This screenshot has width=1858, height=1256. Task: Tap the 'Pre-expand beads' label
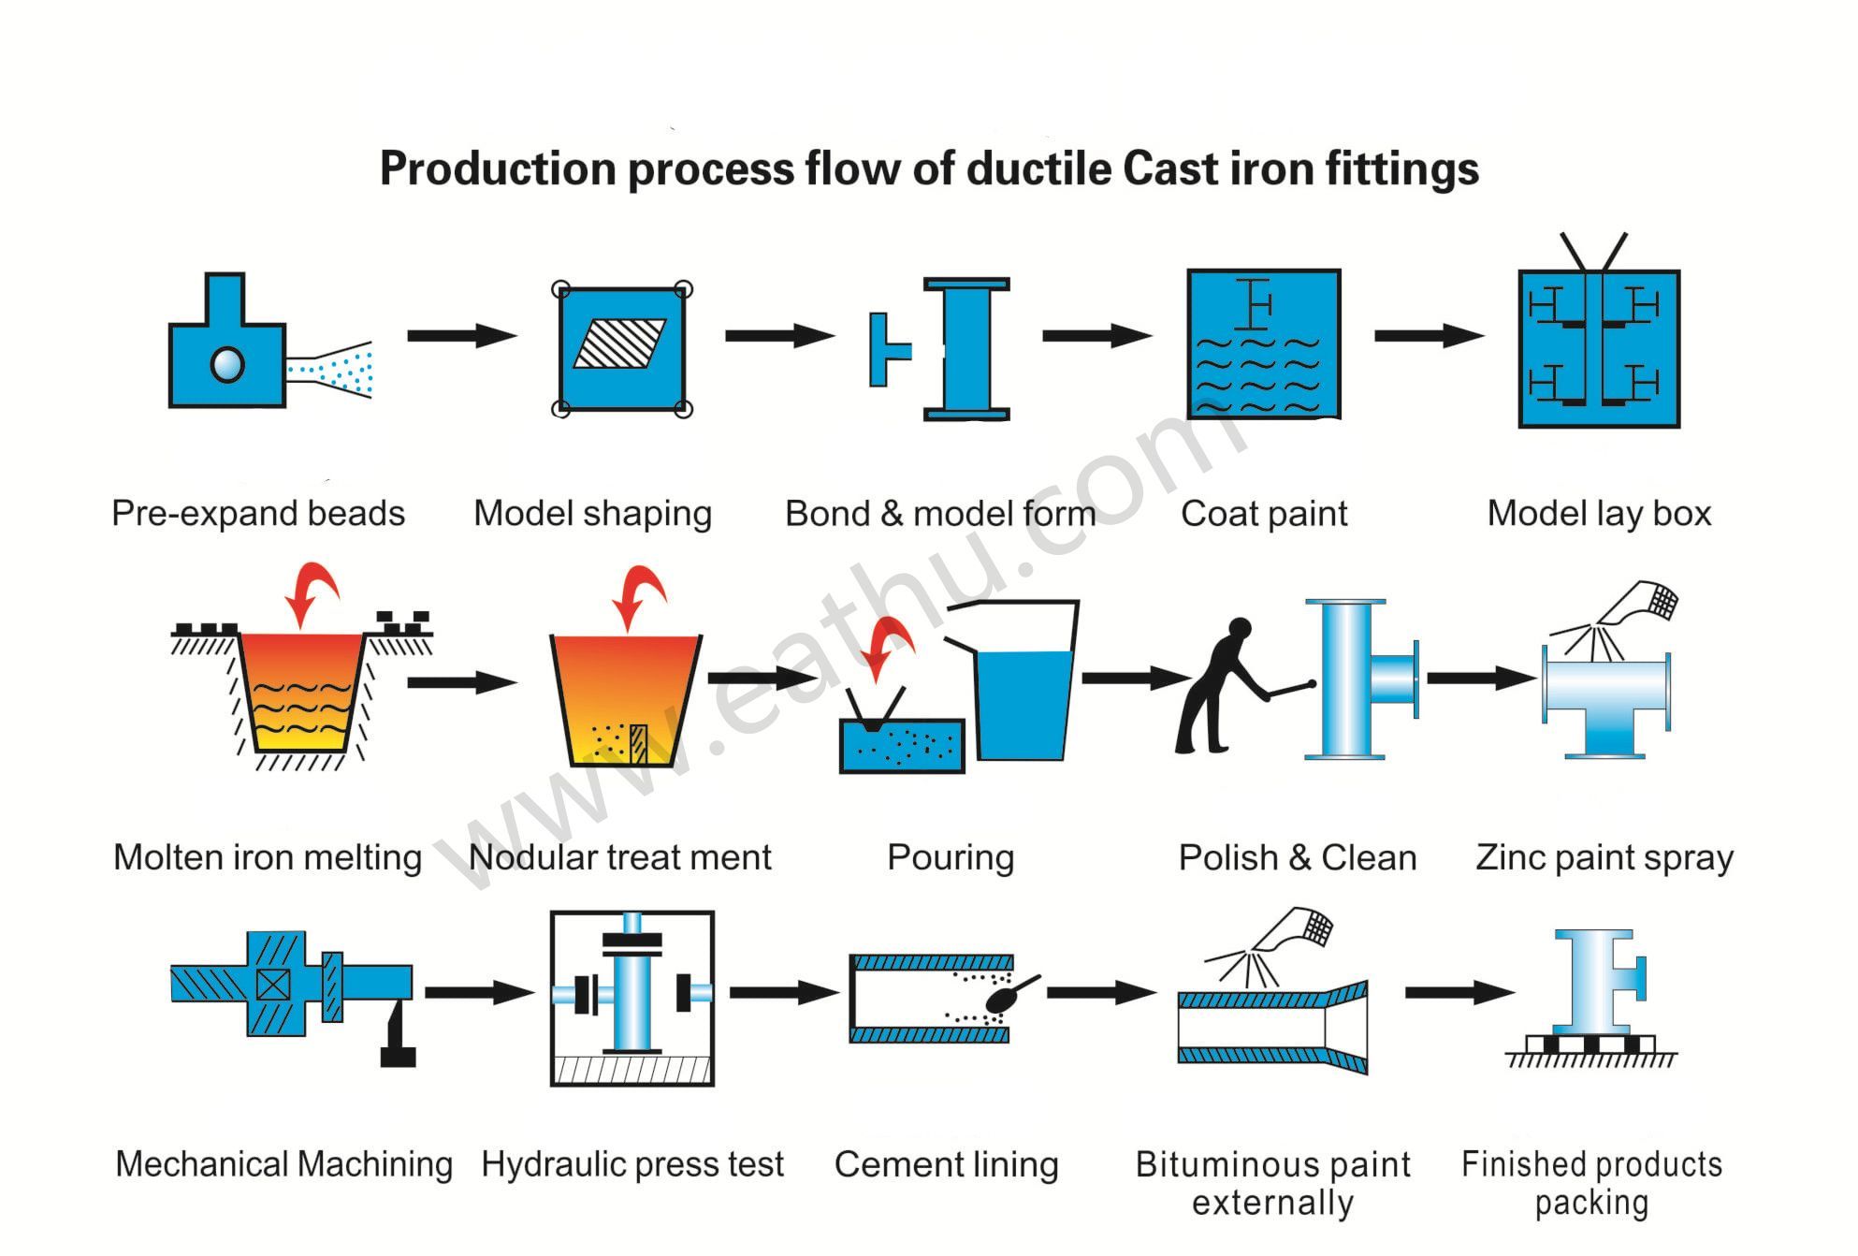pos(258,514)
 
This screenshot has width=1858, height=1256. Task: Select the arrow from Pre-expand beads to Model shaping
pos(461,335)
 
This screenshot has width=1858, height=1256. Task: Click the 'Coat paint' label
pos(1264,514)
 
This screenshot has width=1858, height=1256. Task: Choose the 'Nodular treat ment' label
pos(619,857)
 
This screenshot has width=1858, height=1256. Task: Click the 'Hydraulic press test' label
pos(632,1164)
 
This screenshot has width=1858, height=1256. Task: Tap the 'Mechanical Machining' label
pos(283,1164)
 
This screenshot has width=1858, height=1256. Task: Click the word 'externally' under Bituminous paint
pos(1272,1203)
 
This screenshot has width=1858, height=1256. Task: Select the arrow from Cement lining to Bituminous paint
pos(1100,992)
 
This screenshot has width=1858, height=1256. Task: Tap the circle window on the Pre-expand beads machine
pos(227,364)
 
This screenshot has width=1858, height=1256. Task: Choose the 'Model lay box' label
pos(1599,514)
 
